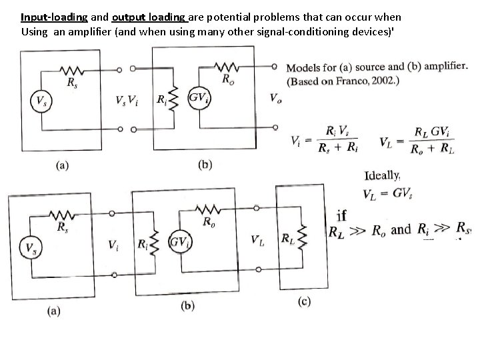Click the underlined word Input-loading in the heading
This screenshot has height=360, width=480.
54,17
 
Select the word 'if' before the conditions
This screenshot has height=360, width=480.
341,215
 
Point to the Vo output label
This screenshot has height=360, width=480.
275,98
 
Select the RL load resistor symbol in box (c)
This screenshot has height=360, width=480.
304,239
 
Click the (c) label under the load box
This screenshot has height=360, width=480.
303,302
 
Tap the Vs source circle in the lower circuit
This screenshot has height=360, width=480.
30,247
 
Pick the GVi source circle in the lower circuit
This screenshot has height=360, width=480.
179,242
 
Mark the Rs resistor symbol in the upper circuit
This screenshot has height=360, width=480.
70,70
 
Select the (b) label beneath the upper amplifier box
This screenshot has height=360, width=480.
205,165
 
